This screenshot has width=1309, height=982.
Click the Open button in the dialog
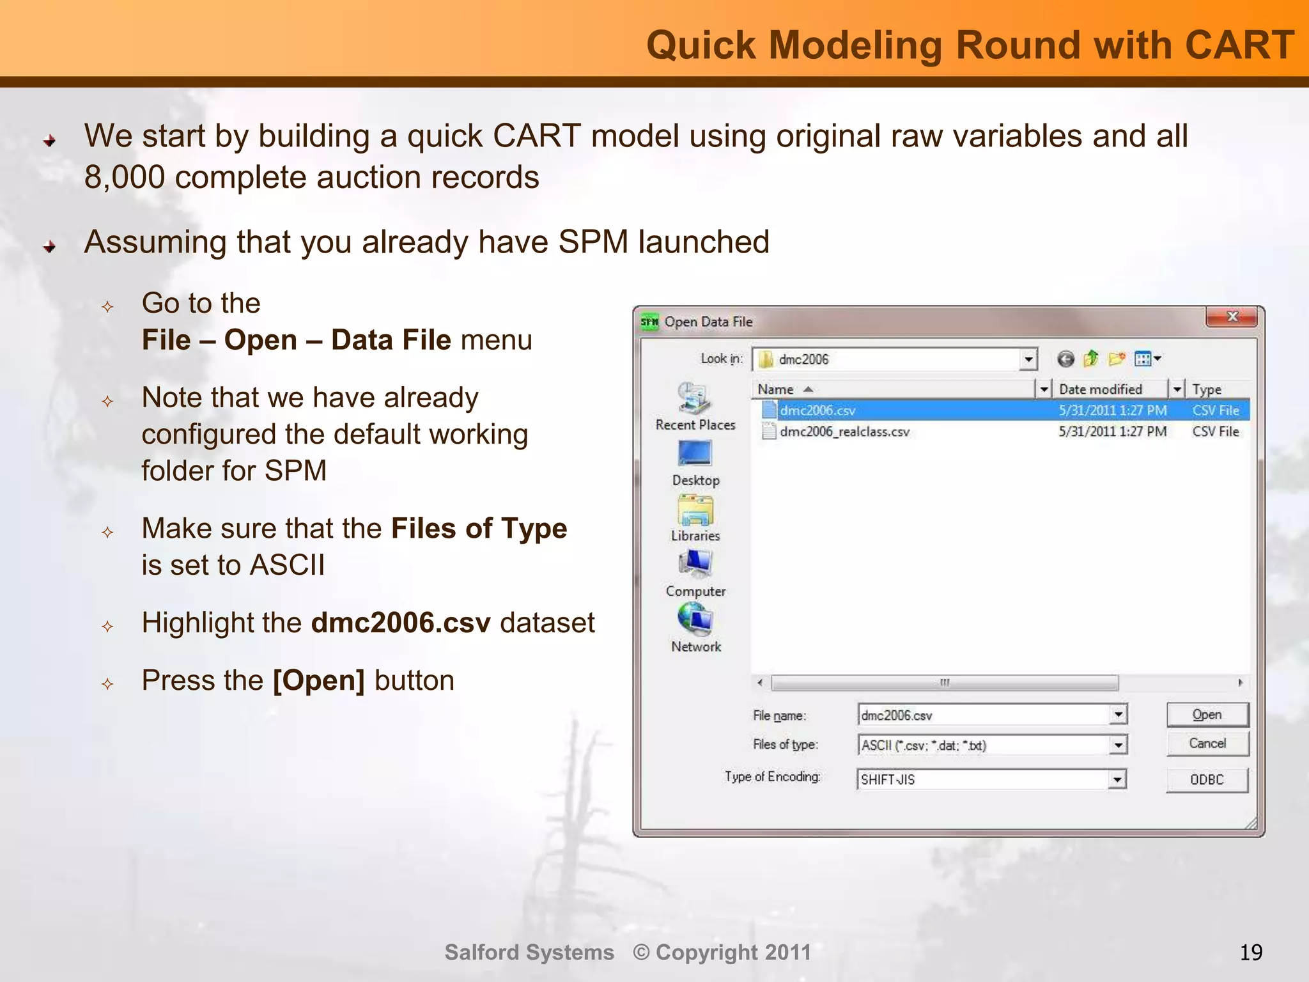pyautogui.click(x=1207, y=715)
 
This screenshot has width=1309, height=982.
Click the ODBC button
pyautogui.click(x=1207, y=780)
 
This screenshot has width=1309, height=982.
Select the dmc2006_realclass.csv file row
pyautogui.click(x=844, y=432)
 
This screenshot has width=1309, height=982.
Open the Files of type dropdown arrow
pyautogui.click(x=1118, y=745)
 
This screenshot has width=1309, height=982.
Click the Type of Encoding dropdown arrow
pyautogui.click(x=1117, y=779)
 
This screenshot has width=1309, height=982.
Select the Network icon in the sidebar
pyautogui.click(x=695, y=620)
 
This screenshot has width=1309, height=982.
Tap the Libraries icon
pyautogui.click(x=695, y=510)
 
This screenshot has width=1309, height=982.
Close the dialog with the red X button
pyautogui.click(x=1232, y=317)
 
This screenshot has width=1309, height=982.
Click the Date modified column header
pyautogui.click(x=1100, y=389)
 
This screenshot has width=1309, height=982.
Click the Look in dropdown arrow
pyautogui.click(x=1028, y=359)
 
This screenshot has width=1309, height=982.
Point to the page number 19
pyautogui.click(x=1251, y=953)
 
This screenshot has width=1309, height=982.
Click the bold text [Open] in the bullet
pyautogui.click(x=318, y=681)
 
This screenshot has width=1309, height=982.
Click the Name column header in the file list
pyautogui.click(x=775, y=389)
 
